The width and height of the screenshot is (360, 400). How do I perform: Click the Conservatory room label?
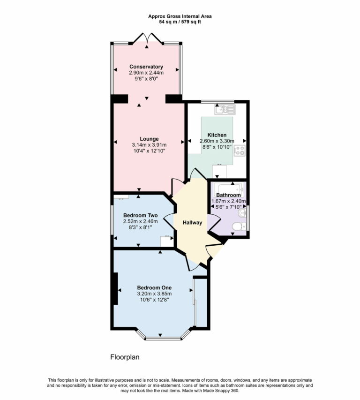(x=146, y=67)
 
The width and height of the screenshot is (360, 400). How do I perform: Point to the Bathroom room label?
(x=228, y=195)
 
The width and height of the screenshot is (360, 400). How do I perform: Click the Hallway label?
(x=192, y=223)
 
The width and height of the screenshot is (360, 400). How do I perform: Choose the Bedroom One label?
(x=154, y=287)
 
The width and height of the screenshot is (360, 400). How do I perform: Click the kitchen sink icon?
(x=225, y=110)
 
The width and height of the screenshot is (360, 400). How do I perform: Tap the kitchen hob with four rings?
(x=240, y=151)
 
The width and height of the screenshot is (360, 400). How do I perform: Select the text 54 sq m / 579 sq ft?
(x=180, y=22)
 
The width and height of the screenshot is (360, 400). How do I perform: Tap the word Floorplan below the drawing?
(x=125, y=357)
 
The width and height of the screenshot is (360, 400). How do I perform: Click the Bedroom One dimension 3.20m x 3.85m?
(x=154, y=294)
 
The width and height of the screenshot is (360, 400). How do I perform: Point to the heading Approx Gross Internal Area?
(x=180, y=16)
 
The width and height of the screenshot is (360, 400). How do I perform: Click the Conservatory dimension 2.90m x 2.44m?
(x=146, y=73)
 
